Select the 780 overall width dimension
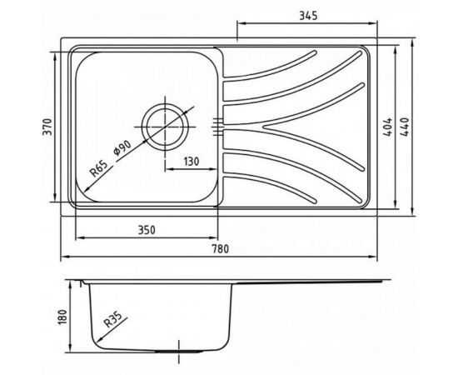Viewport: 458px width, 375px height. pos(220,247)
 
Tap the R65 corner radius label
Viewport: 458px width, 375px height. pos(97,172)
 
